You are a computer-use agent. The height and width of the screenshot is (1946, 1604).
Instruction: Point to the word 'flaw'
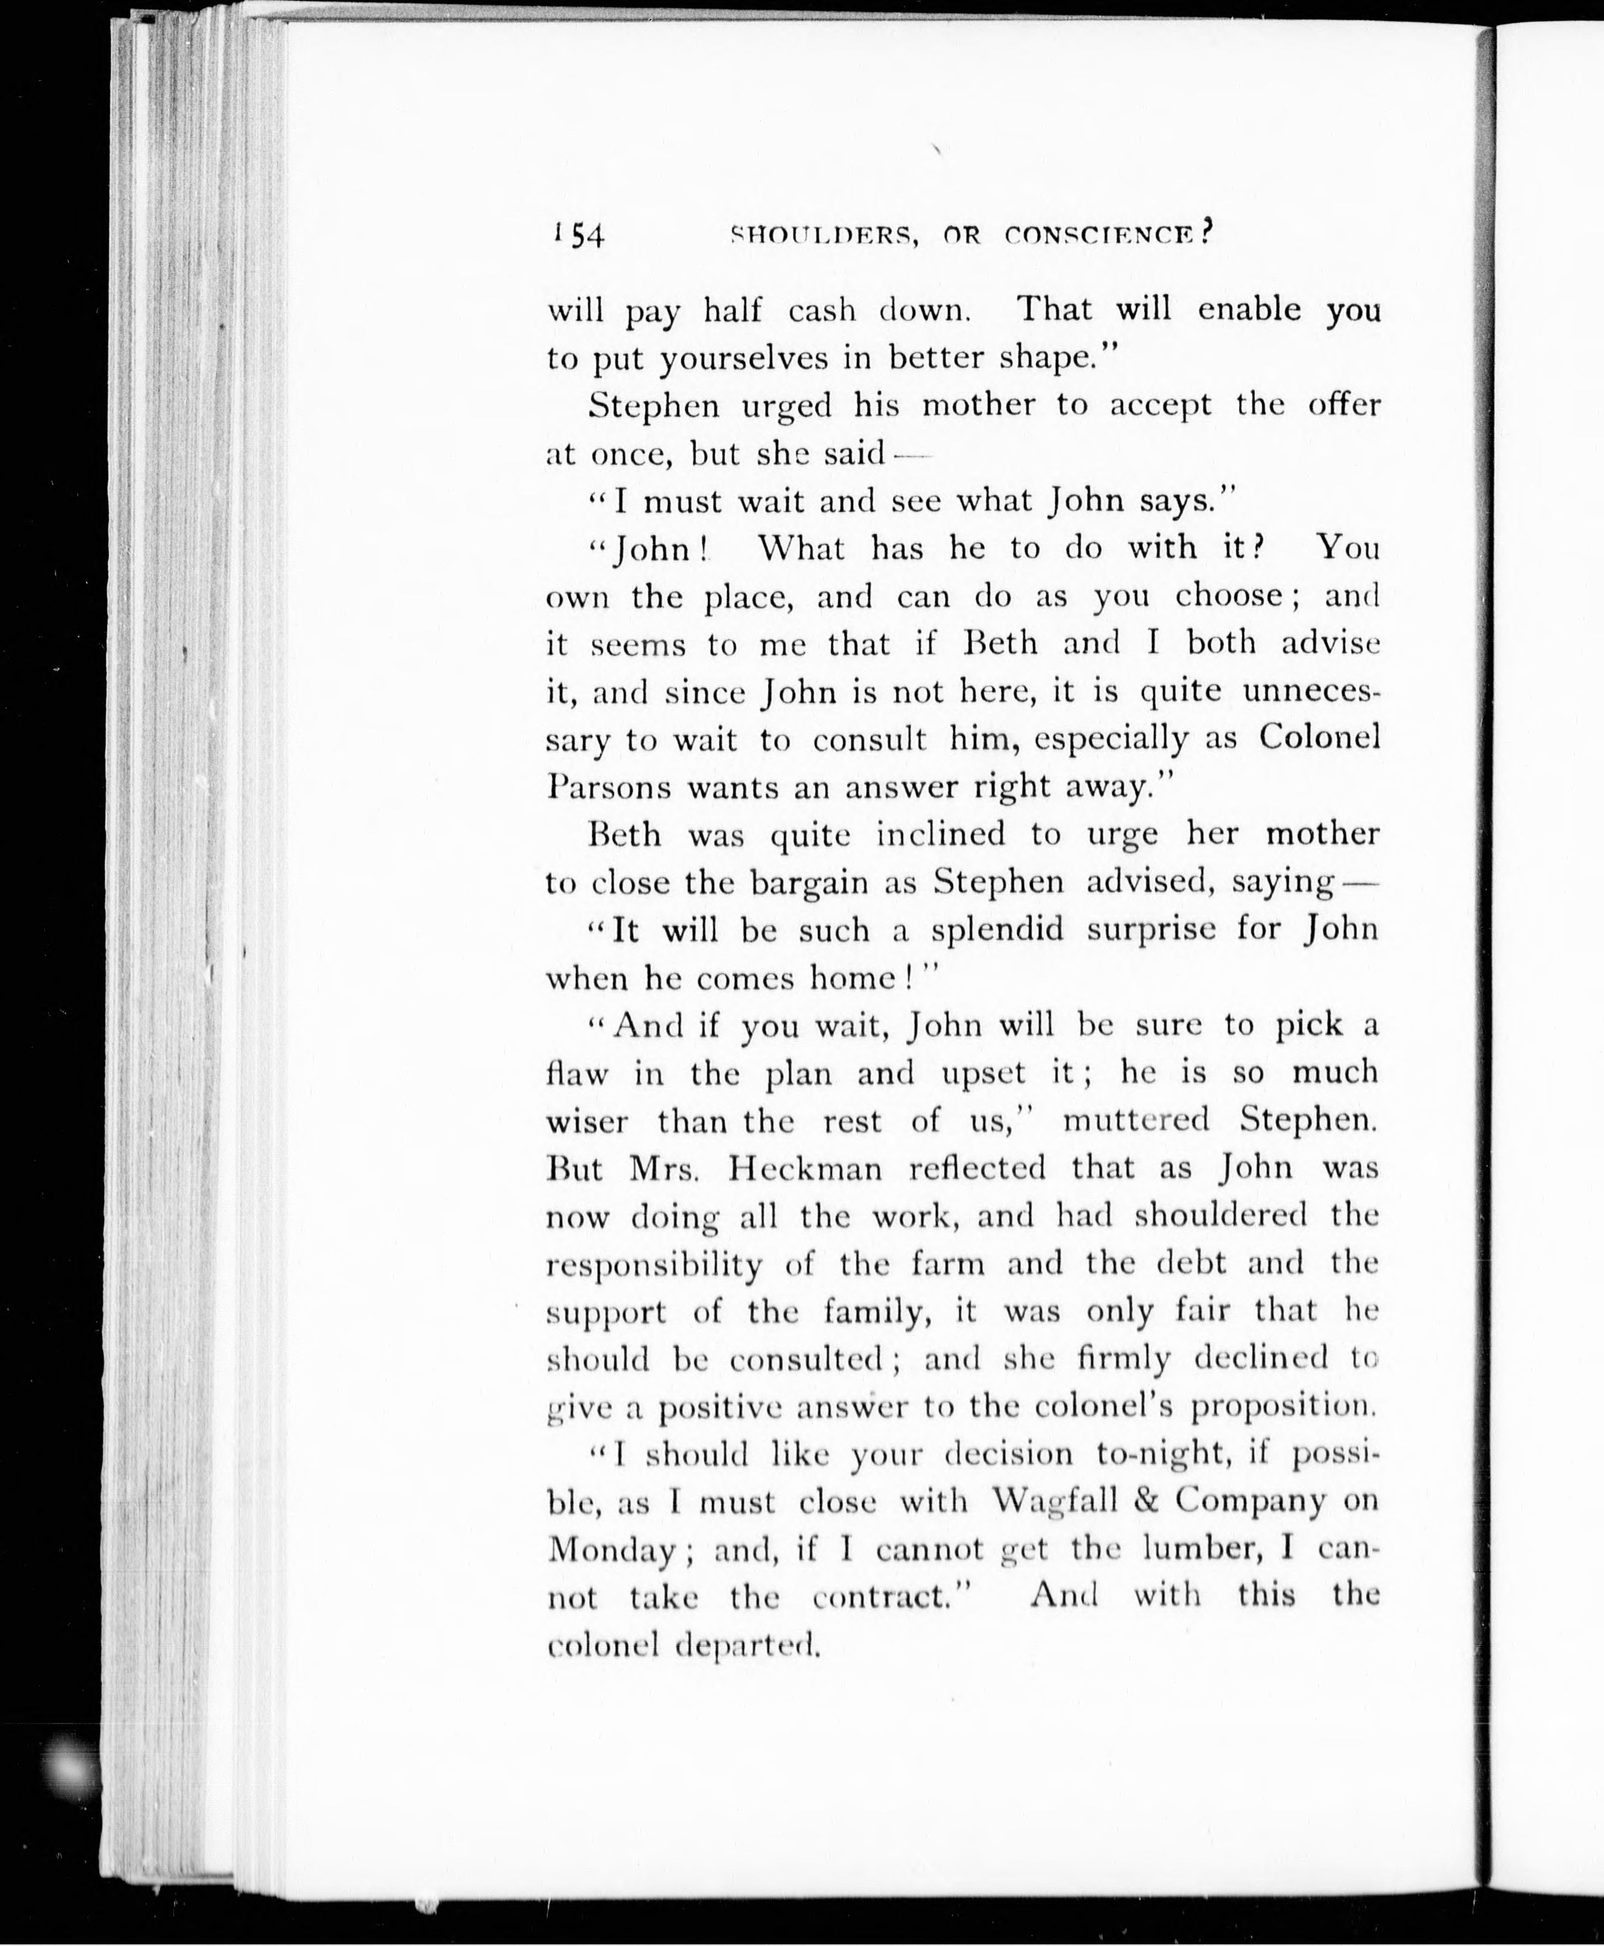[577, 1074]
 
